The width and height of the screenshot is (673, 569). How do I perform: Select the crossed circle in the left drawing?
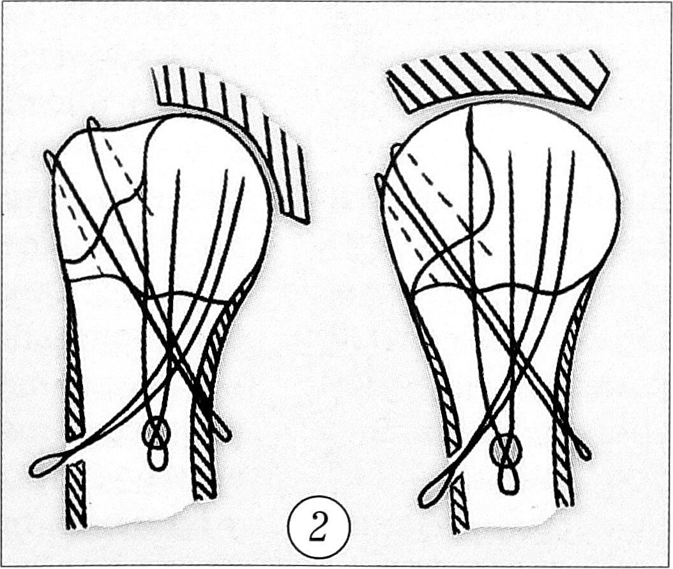click(x=156, y=434)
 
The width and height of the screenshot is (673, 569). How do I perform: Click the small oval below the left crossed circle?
click(x=158, y=459)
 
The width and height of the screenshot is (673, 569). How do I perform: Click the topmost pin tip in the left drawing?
click(x=92, y=123)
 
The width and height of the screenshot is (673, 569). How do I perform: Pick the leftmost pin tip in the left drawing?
click(x=49, y=159)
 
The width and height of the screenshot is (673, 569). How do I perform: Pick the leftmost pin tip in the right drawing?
click(x=379, y=182)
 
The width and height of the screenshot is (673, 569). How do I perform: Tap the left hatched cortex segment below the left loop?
click(x=76, y=494)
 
